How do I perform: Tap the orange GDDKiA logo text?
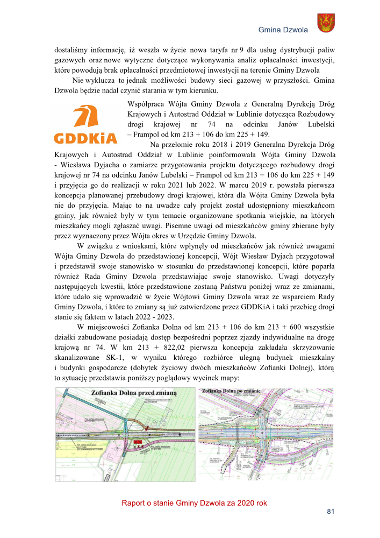tap(85, 138)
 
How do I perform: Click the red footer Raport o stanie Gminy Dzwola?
tap(194, 503)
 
